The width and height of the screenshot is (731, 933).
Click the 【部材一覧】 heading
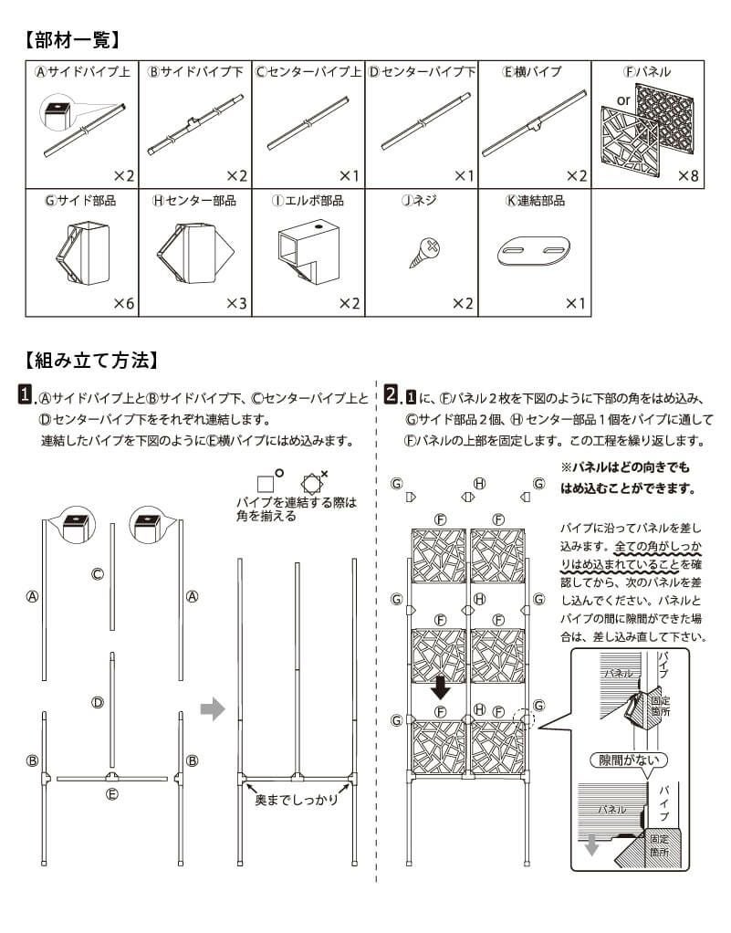pos(71,40)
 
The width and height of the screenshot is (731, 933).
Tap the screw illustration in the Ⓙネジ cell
pos(425,249)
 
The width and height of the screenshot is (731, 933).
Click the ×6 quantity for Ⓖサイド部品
pos(123,302)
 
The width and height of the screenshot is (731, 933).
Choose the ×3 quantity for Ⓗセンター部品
pos(235,302)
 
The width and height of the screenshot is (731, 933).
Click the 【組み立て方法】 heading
pos(91,360)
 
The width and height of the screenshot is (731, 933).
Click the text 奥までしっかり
pos(296,800)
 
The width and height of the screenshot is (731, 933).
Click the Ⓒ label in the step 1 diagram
pos(96,573)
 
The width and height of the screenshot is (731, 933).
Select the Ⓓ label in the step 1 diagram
pos(96,702)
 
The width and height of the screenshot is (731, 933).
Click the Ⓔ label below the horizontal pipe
pos(111,793)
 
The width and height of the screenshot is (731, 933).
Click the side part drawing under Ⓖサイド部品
pos(80,251)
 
